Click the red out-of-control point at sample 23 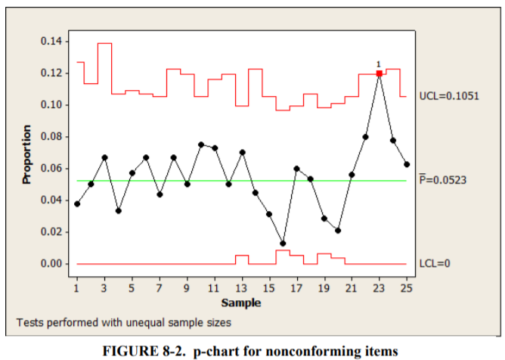pos(379,73)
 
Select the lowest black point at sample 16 pos(283,244)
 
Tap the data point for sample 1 pos(77,204)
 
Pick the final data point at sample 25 pos(407,164)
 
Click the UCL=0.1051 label pos(448,98)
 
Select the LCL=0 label pos(435,264)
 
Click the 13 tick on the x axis pos(241,288)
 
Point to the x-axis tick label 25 pos(407,288)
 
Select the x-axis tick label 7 pos(160,288)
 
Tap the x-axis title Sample pos(241,303)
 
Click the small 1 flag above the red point pos(378,64)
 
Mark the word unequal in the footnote pos(143,322)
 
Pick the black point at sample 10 pos(201,144)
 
